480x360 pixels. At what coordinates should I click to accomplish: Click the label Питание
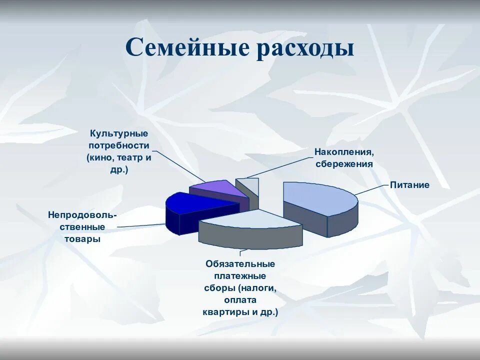(x=409, y=185)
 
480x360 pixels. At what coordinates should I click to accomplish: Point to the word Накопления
(x=344, y=151)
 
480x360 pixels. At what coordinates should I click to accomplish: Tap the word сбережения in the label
(x=344, y=163)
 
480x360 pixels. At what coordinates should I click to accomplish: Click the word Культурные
(x=119, y=134)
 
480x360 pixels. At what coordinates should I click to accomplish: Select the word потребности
(x=119, y=145)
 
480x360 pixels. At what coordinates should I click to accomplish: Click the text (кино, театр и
(x=119, y=157)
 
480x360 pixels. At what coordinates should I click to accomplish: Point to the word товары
(x=82, y=239)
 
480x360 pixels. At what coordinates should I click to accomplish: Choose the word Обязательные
(x=240, y=263)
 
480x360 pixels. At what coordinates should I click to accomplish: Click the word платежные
(x=240, y=275)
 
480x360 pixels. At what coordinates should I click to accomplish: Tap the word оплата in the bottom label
(x=240, y=300)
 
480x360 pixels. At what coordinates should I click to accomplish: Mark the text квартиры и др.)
(x=240, y=312)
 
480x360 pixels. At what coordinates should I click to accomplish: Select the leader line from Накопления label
(x=280, y=167)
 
